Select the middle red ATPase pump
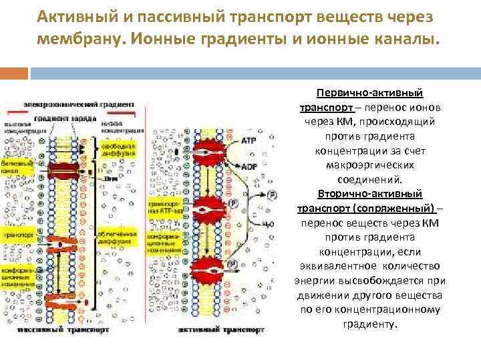coord(210,211)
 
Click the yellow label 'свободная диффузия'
coord(120,150)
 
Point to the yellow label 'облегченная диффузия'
coord(120,239)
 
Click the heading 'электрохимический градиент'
coord(79,104)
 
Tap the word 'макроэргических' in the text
coord(370,165)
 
